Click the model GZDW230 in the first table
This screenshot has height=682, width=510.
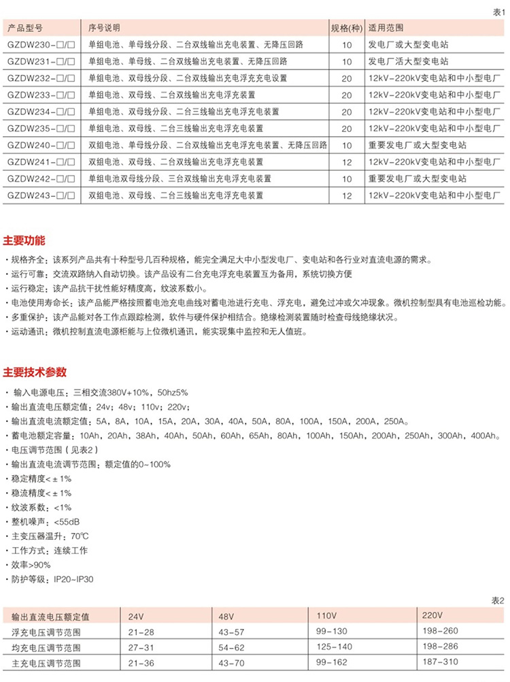(x=39, y=44)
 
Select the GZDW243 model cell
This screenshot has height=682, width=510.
(x=39, y=195)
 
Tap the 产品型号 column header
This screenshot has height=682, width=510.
(x=25, y=28)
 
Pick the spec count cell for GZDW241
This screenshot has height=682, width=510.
(x=347, y=162)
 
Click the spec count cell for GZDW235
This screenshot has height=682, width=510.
(x=347, y=128)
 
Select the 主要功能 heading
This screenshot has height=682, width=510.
(x=24, y=241)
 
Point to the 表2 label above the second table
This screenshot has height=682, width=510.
(x=498, y=600)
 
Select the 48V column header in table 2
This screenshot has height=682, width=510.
(x=226, y=616)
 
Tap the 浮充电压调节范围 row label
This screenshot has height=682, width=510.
(x=46, y=632)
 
